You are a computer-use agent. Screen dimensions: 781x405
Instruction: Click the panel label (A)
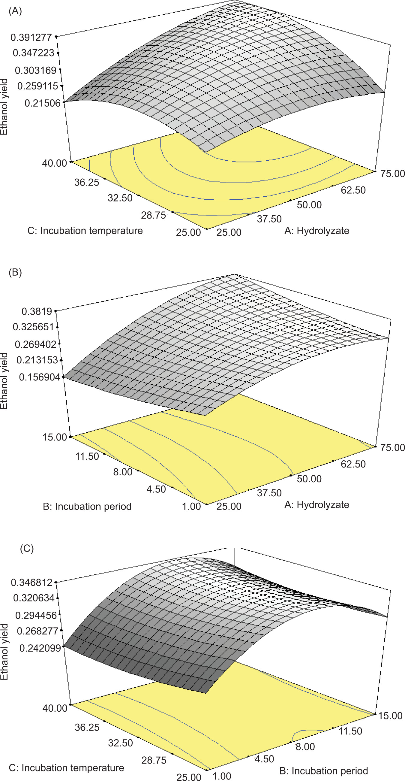[x=15, y=11]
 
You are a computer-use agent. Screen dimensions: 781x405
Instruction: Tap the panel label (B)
[x=15, y=272]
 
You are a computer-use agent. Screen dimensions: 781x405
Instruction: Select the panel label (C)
[x=27, y=549]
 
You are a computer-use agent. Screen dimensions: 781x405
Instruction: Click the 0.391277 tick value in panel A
[x=31, y=38]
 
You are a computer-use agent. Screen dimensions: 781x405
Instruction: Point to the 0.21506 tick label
[x=42, y=103]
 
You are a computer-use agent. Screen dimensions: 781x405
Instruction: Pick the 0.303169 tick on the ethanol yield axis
[x=36, y=70]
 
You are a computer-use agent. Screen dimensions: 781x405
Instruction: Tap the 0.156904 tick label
[x=39, y=377]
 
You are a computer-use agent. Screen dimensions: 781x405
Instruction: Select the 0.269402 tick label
[x=36, y=344]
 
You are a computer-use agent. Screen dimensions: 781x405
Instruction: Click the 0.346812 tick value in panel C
[x=31, y=583]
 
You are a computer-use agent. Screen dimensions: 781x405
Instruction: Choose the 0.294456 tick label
[x=36, y=616]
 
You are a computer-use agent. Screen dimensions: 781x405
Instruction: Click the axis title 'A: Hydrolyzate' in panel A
[x=316, y=231]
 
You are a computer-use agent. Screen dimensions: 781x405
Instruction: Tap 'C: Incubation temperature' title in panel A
[x=85, y=231]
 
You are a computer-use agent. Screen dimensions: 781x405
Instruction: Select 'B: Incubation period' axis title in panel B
[x=87, y=506]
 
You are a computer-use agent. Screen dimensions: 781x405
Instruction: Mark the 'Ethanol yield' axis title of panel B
[x=4, y=380]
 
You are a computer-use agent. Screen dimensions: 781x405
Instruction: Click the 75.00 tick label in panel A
[x=393, y=174]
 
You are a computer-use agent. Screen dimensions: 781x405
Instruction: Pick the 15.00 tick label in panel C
[x=390, y=716]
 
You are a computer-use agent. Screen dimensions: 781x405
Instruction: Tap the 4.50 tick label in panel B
[x=156, y=489]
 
